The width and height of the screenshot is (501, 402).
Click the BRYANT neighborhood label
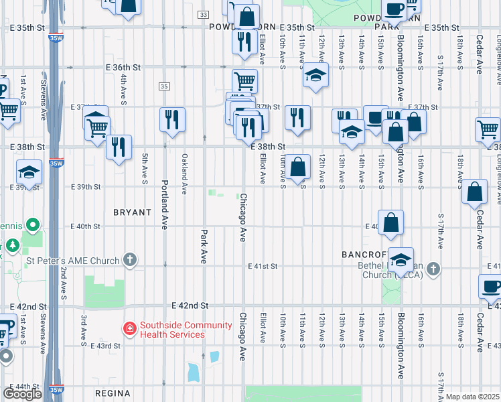(132, 212)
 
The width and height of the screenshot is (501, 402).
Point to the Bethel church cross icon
(433, 269)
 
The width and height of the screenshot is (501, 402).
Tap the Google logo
(22, 394)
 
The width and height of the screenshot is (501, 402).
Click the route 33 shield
(203, 14)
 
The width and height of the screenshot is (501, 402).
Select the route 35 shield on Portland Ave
(164, 86)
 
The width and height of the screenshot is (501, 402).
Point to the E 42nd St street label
(190, 306)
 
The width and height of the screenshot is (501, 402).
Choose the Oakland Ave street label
(184, 170)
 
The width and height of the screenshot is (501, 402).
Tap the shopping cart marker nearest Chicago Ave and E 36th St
(244, 82)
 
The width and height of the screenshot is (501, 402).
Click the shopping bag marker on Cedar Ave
(474, 192)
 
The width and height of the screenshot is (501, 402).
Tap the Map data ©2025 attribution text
(473, 397)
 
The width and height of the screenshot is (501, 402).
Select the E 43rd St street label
(107, 346)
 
